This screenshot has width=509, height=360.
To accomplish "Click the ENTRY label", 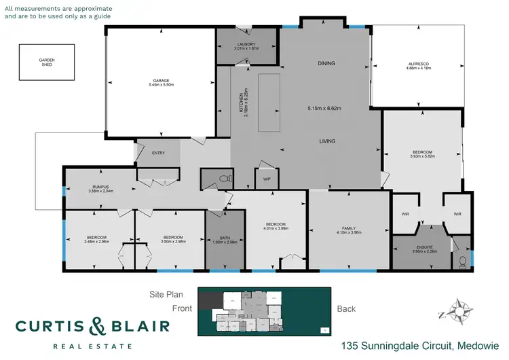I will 159,153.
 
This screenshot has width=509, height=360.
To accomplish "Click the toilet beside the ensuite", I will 462,259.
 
